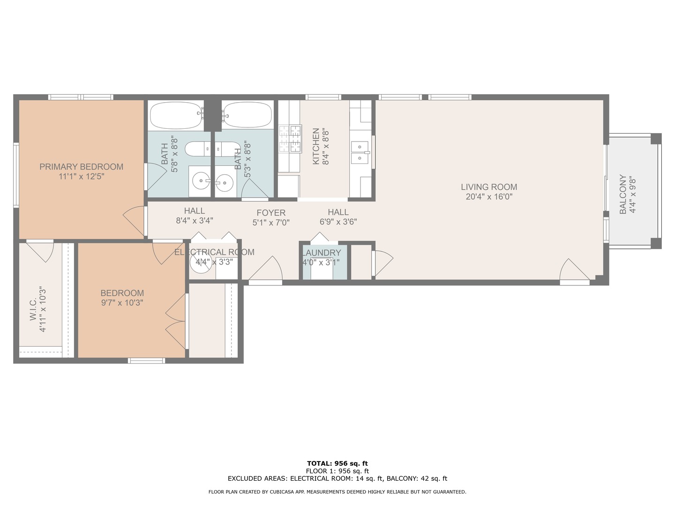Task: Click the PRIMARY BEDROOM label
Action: [81, 167]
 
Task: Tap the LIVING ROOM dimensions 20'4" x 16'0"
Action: [489, 197]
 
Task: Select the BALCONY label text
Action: [622, 194]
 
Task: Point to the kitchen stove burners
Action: [290, 139]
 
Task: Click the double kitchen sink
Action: [360, 152]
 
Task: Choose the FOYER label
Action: [271, 213]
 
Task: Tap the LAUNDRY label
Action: [322, 253]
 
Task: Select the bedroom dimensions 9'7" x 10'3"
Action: [122, 303]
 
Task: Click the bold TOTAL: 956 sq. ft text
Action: [337, 463]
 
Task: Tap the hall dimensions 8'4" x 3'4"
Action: [195, 221]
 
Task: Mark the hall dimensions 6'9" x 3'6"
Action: [338, 222]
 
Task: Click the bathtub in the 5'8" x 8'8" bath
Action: [177, 116]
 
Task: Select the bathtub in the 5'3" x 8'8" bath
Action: [247, 115]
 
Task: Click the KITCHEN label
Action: [316, 146]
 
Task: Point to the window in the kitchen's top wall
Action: [323, 97]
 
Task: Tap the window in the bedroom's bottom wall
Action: [146, 360]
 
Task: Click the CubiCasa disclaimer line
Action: [337, 492]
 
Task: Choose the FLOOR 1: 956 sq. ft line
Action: [337, 471]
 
